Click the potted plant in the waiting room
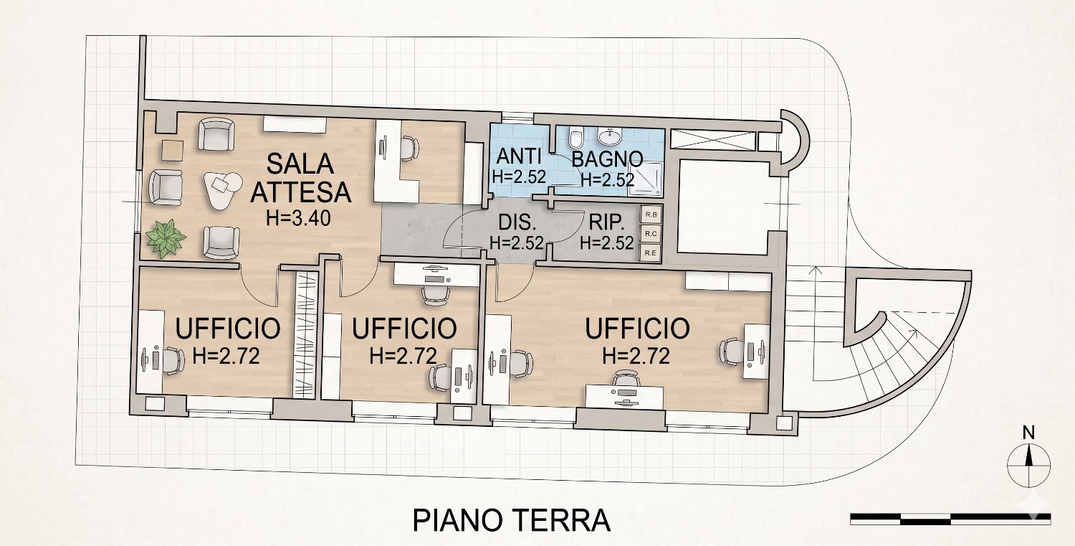[x=166, y=238]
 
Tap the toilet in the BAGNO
[x=575, y=138]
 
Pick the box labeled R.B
[x=651, y=215]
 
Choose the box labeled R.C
[x=651, y=234]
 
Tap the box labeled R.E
[x=651, y=253]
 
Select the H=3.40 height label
[x=299, y=219]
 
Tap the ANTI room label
[x=519, y=156]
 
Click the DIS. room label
[x=517, y=222]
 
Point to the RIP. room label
[x=606, y=222]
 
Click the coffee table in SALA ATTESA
[x=223, y=189]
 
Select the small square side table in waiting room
[x=173, y=151]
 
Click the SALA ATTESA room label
[x=301, y=178]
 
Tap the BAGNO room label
[x=607, y=159]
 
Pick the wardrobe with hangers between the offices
[x=307, y=334]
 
